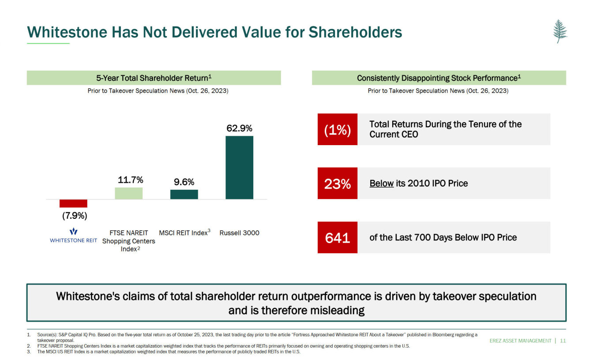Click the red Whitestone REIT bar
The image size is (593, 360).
(x=73, y=203)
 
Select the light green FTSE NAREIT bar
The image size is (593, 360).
(x=128, y=193)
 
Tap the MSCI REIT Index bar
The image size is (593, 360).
(x=184, y=195)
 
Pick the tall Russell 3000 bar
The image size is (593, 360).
(x=239, y=168)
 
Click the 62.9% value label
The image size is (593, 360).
(x=239, y=128)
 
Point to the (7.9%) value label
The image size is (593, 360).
(x=73, y=216)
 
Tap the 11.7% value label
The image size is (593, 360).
(x=130, y=180)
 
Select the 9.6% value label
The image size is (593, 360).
(x=184, y=182)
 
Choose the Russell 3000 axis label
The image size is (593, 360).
(x=239, y=233)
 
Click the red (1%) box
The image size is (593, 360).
(x=338, y=130)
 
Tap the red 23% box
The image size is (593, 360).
(x=338, y=184)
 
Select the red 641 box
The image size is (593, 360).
(x=338, y=238)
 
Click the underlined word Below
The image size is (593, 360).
(x=381, y=184)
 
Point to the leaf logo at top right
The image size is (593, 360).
(x=560, y=31)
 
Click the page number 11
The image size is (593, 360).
(x=563, y=341)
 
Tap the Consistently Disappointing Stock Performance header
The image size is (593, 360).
(x=439, y=78)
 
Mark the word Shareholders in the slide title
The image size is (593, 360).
(x=355, y=32)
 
